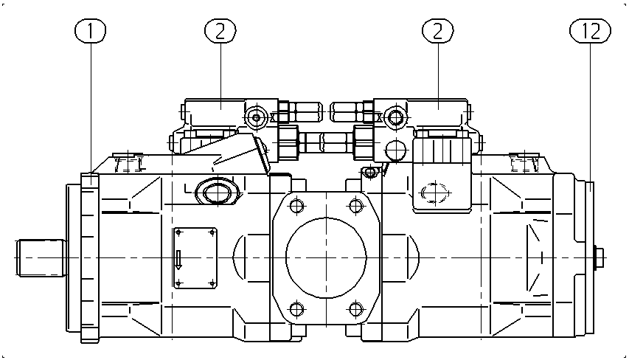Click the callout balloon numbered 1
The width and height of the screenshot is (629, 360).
coord(90,31)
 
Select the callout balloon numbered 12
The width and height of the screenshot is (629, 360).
coord(590,31)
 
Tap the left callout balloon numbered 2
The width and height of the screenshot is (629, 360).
coord(220,31)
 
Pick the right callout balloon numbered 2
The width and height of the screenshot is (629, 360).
coord(438,31)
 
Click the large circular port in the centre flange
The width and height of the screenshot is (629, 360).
coord(326,257)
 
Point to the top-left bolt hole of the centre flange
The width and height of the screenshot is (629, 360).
coord(297,206)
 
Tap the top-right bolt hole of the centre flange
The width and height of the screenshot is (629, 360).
coord(356,206)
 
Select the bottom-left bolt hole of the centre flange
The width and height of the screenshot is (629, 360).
coord(297,309)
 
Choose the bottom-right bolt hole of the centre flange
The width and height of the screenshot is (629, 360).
coord(356,309)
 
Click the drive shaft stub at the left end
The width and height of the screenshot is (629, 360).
coord(41,257)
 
